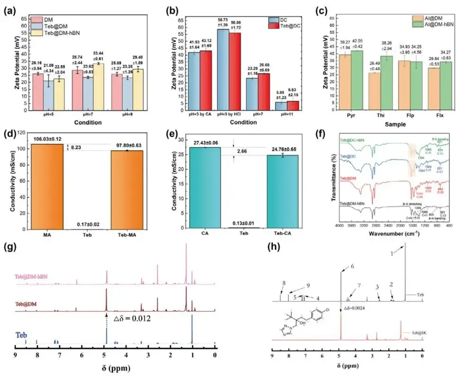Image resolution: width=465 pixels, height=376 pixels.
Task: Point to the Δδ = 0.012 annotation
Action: (129, 319)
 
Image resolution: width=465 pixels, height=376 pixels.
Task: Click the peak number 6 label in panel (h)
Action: (352, 266)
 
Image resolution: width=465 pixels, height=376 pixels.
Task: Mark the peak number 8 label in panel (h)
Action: (284, 283)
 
